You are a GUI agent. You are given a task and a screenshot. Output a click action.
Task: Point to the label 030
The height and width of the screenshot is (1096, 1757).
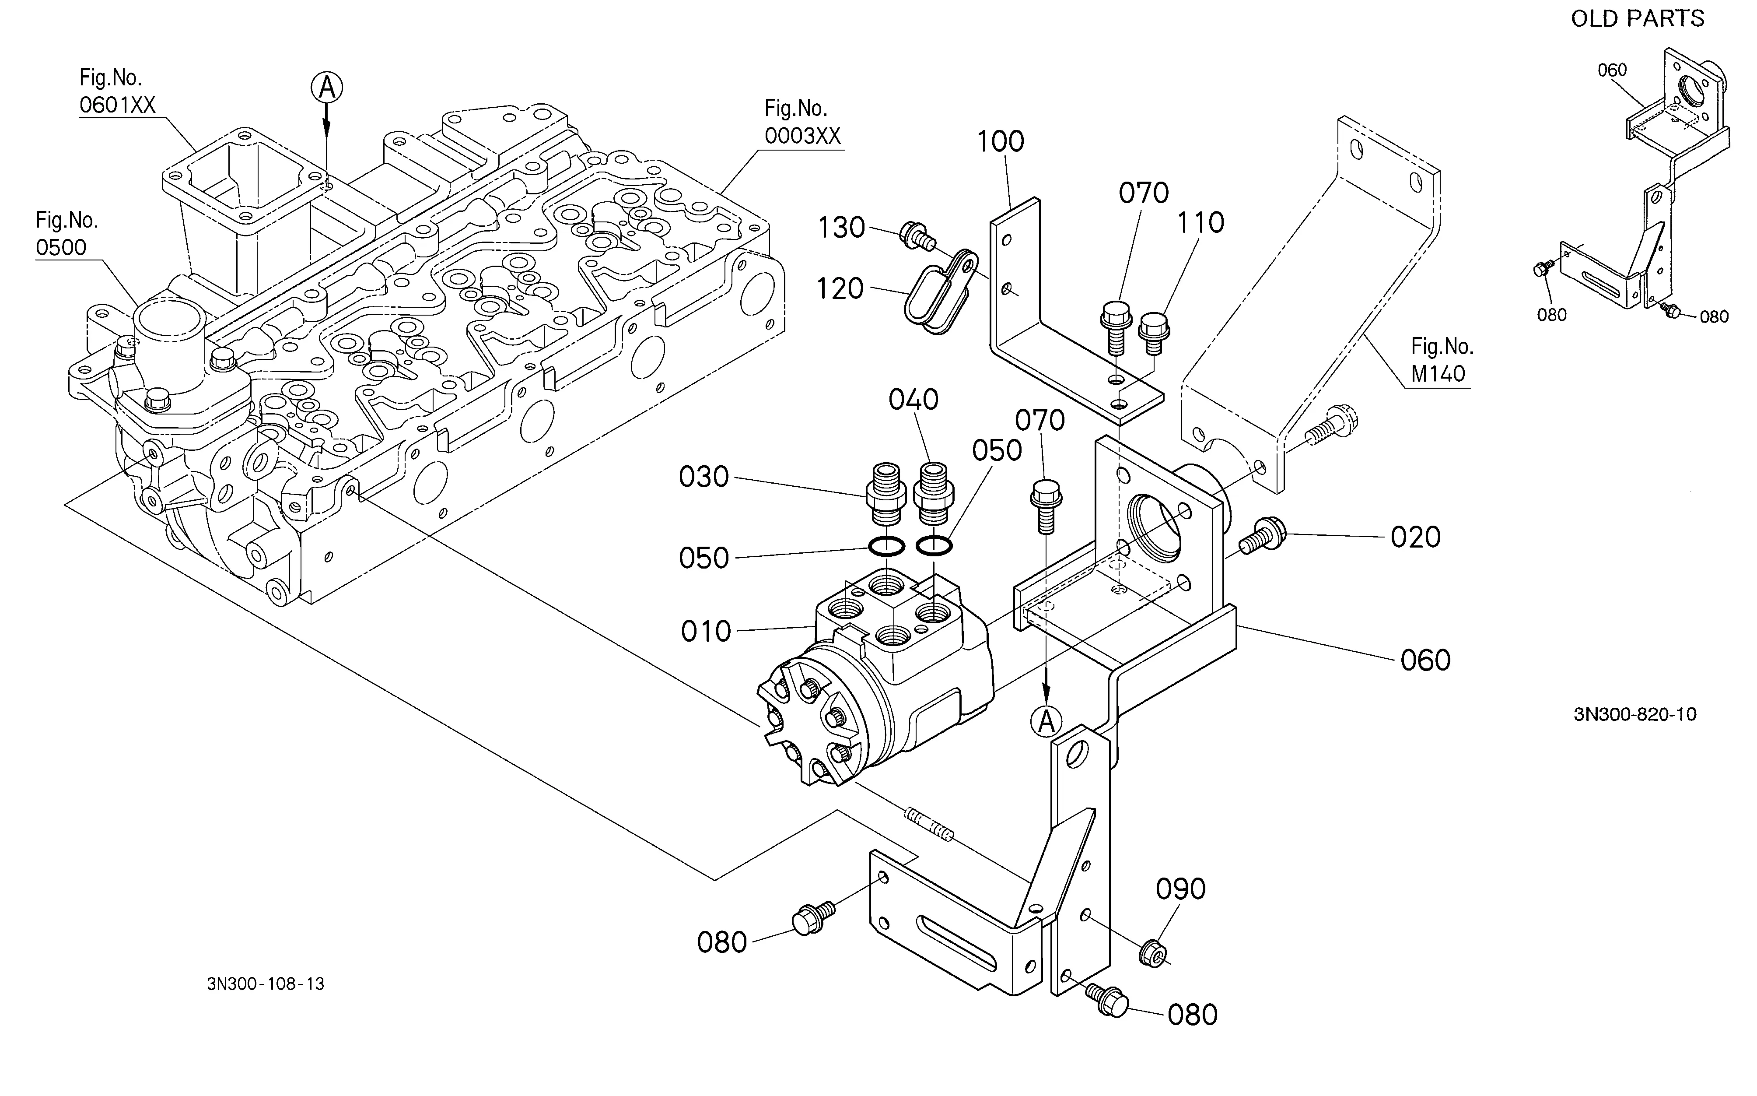click(x=703, y=477)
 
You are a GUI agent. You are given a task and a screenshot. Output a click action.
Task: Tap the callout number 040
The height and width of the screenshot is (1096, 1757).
click(x=913, y=400)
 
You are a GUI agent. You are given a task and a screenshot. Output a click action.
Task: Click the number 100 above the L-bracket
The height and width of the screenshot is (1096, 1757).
click(x=1001, y=141)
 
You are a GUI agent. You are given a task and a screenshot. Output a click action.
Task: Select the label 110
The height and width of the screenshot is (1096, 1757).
click(x=1200, y=222)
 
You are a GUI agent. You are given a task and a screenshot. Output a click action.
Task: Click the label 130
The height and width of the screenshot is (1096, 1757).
click(x=842, y=228)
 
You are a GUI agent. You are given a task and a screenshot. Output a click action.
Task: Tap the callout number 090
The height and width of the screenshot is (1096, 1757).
click(x=1180, y=889)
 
